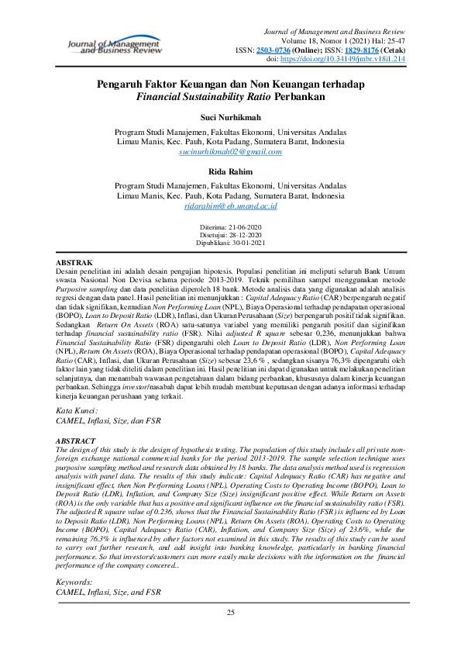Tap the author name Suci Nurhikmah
[230, 116]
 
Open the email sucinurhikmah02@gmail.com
[230, 154]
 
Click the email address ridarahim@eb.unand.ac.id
[230, 207]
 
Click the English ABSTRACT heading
[77, 440]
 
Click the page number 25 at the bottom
[230, 613]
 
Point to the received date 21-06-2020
[243, 226]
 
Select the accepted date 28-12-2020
[244, 233]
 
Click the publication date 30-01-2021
[248, 241]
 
